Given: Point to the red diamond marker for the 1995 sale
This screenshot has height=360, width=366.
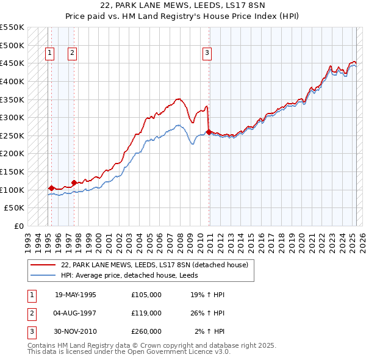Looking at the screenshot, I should (x=51, y=188).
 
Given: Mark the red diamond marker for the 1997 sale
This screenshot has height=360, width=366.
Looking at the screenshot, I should (x=74, y=182).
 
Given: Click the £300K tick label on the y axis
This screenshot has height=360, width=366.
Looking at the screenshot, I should (x=13, y=117).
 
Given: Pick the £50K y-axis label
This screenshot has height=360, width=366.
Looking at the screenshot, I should (x=15, y=208).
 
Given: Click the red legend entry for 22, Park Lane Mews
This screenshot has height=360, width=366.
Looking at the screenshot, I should (x=154, y=265).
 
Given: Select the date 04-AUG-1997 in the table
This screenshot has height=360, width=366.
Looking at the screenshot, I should (x=76, y=313).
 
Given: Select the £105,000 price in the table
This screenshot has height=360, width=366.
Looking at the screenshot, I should (x=146, y=295).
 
